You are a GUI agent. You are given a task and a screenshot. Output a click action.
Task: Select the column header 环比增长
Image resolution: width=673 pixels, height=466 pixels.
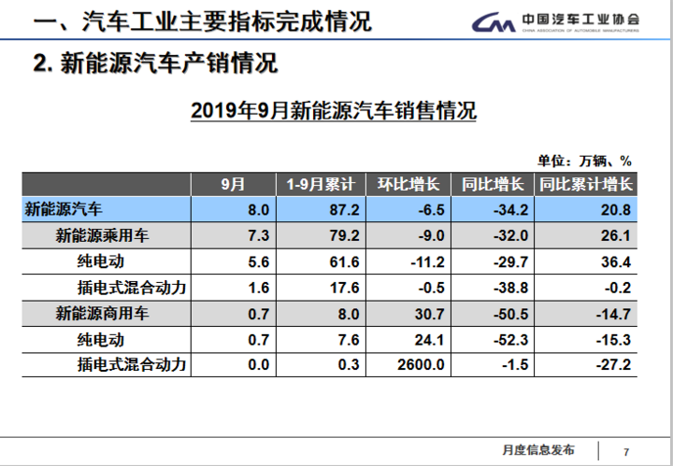414,184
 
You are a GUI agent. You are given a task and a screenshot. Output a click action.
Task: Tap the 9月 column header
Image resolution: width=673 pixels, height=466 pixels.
234,184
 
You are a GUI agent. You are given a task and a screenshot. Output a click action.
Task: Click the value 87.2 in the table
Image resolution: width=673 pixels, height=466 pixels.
341,209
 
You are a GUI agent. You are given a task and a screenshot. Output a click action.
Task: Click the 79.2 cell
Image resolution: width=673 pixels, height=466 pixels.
341,235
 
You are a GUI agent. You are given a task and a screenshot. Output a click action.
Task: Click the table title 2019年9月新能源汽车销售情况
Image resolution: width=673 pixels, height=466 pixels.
334,112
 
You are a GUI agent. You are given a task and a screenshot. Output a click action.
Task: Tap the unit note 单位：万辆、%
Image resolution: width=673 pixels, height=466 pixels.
585,160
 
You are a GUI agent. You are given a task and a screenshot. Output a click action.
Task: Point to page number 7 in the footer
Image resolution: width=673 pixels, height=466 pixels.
626,452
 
